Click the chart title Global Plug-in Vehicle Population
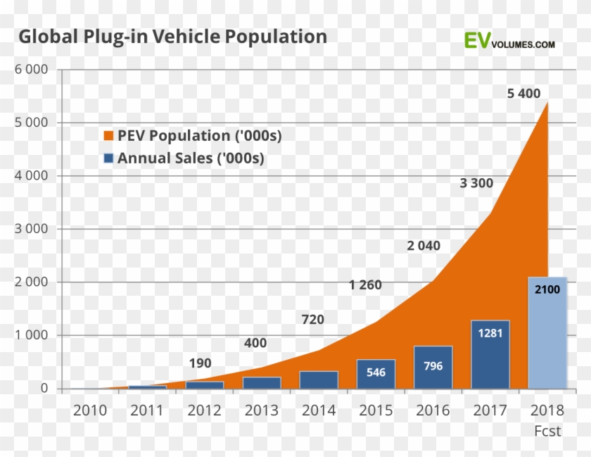pos(172,37)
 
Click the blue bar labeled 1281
pos(490,354)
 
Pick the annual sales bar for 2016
pos(433,367)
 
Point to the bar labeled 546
pos(376,373)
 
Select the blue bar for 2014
pos(319,380)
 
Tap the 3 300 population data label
pos(476,184)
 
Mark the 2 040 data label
pos(424,246)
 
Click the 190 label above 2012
pos(201,363)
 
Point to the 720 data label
pos(312,320)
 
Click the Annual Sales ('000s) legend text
pos(191,158)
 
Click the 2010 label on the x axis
pos(90,411)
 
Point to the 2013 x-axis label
pos(262,411)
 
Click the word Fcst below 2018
pos(547,431)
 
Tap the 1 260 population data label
pos(365,285)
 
